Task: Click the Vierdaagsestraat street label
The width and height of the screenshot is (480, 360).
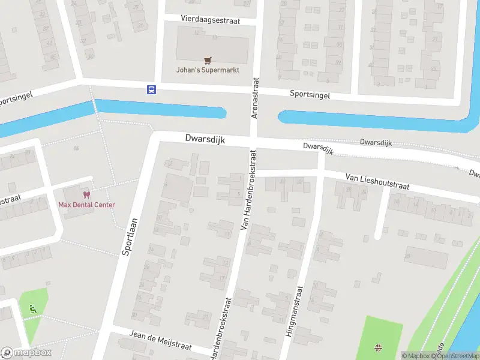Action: tap(210, 20)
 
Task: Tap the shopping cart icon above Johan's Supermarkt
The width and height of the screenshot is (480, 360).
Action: tap(208, 60)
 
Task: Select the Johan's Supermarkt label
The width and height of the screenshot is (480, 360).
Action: tap(208, 70)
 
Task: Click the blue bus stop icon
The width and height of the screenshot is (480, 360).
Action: tap(151, 89)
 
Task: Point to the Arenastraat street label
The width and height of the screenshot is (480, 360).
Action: tap(255, 97)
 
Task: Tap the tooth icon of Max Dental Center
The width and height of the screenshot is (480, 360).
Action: tap(86, 195)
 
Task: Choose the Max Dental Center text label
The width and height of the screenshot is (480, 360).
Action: tap(86, 205)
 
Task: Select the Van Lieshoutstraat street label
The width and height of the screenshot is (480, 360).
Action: tap(377, 182)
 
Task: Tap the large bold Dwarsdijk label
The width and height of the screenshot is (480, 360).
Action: tap(205, 139)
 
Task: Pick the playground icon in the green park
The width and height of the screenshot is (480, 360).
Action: tap(379, 347)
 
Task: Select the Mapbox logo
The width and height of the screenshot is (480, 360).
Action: tap(26, 352)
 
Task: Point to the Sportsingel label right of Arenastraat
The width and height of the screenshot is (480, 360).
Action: tap(310, 94)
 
